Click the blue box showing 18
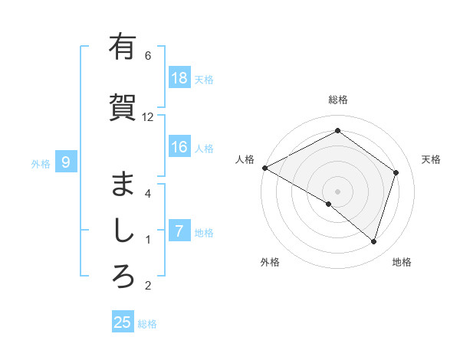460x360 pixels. [x=179, y=78]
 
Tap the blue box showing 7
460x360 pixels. [x=179, y=231]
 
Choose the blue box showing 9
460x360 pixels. [x=66, y=162]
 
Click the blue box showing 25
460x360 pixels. [x=123, y=322]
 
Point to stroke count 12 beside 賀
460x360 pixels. [x=148, y=117]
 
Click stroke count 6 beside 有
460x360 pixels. [x=148, y=56]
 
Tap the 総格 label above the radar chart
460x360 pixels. [x=338, y=100]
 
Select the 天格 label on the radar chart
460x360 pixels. [x=431, y=159]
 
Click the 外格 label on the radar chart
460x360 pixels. [x=270, y=262]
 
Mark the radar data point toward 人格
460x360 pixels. [x=264, y=168]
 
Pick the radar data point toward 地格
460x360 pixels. [x=373, y=241]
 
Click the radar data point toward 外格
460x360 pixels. [x=329, y=204]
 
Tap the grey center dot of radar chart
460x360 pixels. [x=338, y=191]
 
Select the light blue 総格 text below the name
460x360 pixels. [x=147, y=324]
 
